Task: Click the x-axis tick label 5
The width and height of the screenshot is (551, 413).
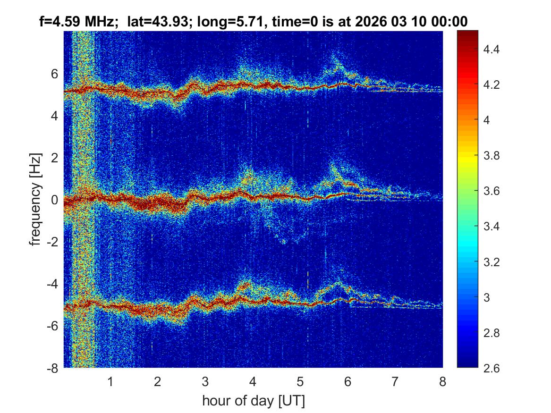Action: click(x=300, y=381)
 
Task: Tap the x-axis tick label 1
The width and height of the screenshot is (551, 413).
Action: click(x=110, y=381)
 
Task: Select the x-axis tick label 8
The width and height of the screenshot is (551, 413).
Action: click(x=442, y=381)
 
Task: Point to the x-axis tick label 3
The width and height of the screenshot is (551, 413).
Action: click(x=205, y=381)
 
